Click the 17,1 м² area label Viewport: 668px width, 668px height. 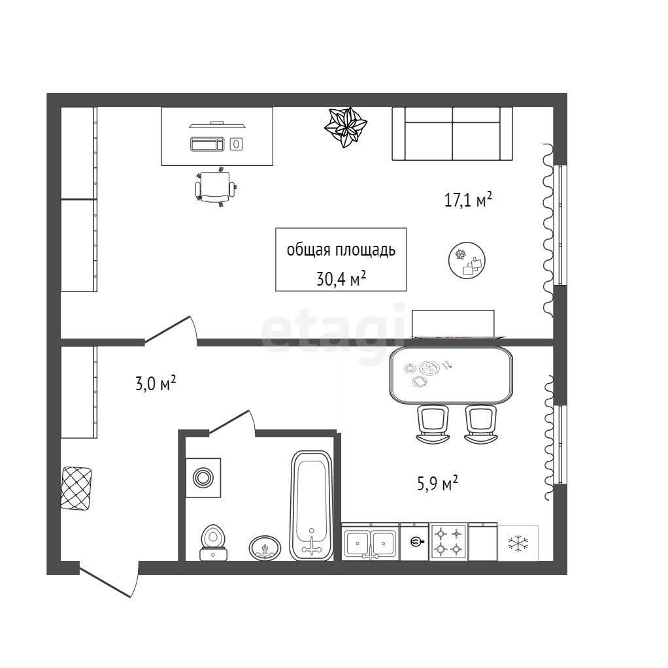pyautogui.click(x=468, y=199)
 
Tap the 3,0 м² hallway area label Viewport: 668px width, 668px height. pyautogui.click(x=156, y=384)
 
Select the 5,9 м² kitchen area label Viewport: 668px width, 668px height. pyautogui.click(x=437, y=484)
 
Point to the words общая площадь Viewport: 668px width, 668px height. pyautogui.click(x=341, y=250)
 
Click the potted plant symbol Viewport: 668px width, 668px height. pyautogui.click(x=346, y=127)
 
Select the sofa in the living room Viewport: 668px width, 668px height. pyautogui.click(x=452, y=134)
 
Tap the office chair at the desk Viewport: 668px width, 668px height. pyautogui.click(x=216, y=186)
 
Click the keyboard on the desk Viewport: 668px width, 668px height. pyautogui.click(x=207, y=144)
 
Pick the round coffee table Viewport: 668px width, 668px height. pyautogui.click(x=467, y=261)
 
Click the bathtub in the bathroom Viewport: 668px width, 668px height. pyautogui.click(x=311, y=506)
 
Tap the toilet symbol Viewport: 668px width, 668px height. pyautogui.click(x=213, y=542)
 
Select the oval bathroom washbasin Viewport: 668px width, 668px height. pyautogui.click(x=265, y=548)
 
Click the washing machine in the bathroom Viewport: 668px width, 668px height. pyautogui.click(x=203, y=477)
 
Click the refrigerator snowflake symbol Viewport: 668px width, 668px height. pyautogui.click(x=518, y=543)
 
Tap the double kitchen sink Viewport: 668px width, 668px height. pyautogui.click(x=370, y=541)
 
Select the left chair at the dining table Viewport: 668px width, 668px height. pyautogui.click(x=433, y=424)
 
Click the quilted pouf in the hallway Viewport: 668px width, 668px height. pyautogui.click(x=76, y=488)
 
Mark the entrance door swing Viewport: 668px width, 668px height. pyautogui.click(x=109, y=582)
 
